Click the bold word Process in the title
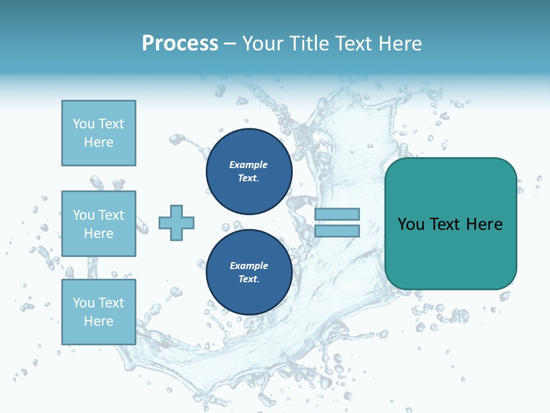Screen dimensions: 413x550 (180, 44)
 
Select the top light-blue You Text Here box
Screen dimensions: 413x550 (99, 133)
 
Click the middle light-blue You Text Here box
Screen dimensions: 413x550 (99, 224)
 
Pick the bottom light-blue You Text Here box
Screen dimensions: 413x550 (99, 311)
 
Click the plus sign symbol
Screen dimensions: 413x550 (176, 223)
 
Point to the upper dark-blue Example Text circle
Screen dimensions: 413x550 (249, 172)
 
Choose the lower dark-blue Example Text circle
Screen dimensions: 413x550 (249, 272)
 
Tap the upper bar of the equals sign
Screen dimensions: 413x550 (337, 215)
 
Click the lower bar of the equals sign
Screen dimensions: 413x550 (337, 231)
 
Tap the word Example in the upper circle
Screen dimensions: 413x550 (249, 165)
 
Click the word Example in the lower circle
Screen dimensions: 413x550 (249, 266)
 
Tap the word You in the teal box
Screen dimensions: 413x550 (411, 224)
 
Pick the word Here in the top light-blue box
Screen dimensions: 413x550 (99, 142)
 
